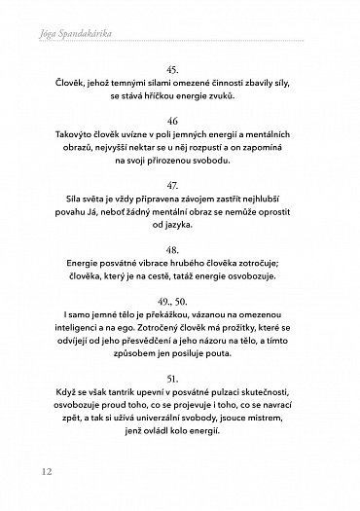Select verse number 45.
pyautogui.click(x=179, y=70)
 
